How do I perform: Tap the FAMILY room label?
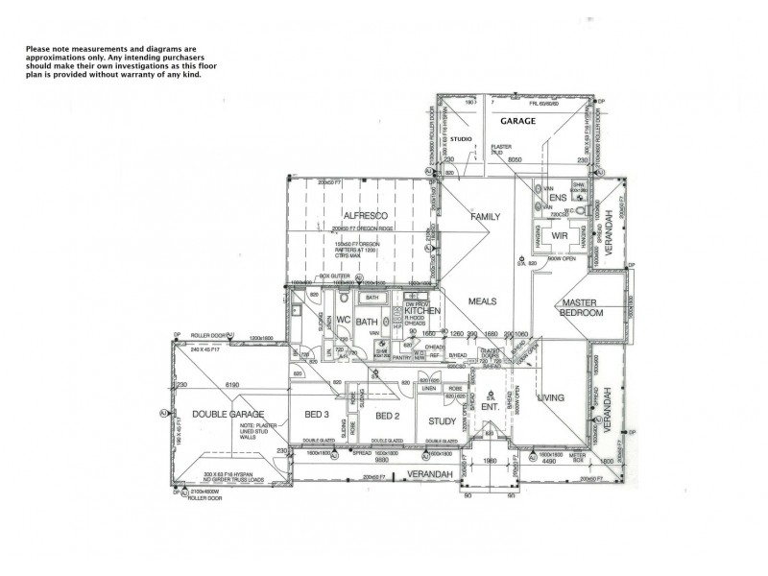(485, 217)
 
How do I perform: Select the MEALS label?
(482, 301)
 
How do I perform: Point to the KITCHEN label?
(421, 312)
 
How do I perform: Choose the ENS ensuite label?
(559, 198)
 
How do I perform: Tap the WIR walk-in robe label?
(561, 234)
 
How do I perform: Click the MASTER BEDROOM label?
(582, 308)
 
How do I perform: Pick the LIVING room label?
(551, 396)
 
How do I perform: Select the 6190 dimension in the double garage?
(231, 385)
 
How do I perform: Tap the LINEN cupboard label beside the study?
(428, 388)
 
